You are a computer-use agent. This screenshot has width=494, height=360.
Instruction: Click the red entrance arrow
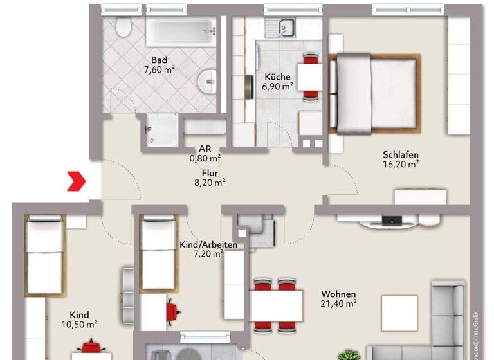pyautogui.click(x=77, y=181)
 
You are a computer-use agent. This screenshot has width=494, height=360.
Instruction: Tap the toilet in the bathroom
pyautogui.click(x=123, y=28)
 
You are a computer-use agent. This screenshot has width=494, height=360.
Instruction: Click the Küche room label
pyautogui.click(x=277, y=77)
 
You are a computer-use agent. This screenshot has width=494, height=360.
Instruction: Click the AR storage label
pyautogui.click(x=205, y=148)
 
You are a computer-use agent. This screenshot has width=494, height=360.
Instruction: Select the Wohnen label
pyautogui.click(x=338, y=294)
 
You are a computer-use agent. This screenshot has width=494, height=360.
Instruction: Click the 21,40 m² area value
pyautogui.click(x=338, y=303)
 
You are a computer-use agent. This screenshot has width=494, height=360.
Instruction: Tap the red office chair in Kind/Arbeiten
pyautogui.click(x=173, y=311)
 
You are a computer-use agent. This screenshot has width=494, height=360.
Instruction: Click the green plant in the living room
pyautogui.click(x=349, y=354)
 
